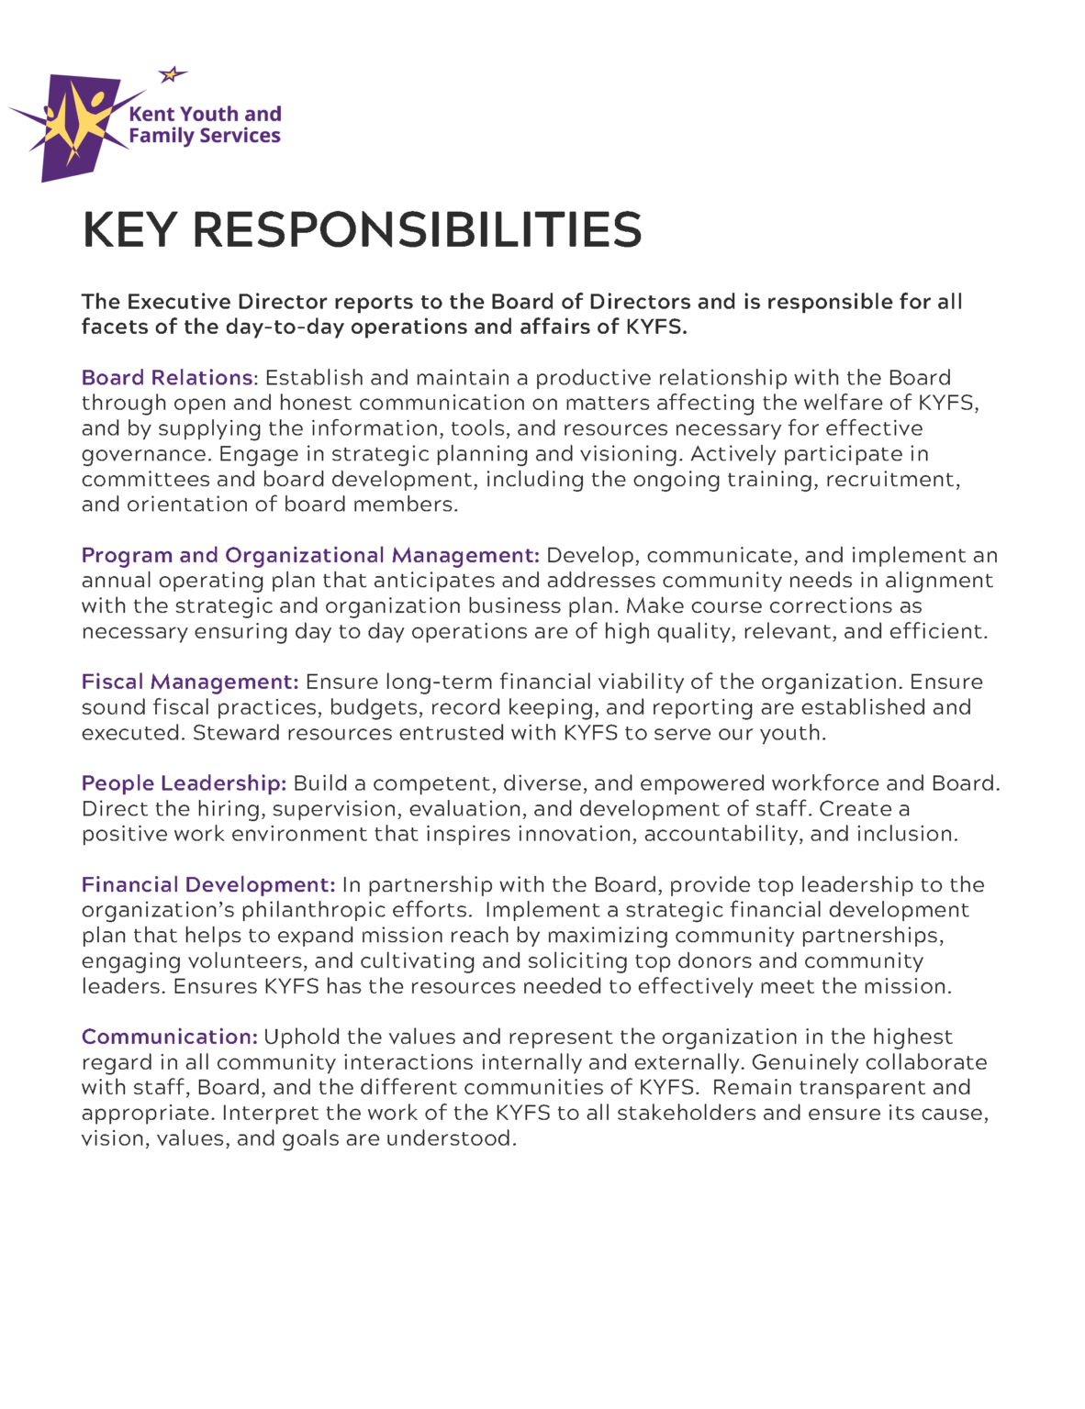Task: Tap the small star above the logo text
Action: pos(171,74)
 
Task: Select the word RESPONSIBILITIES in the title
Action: pos(417,229)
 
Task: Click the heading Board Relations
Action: pos(167,378)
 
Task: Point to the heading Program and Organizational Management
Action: pos(309,556)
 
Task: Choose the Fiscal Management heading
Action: pos(189,682)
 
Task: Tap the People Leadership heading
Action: pos(184,783)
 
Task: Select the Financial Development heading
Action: pos(207,885)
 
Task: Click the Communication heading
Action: pos(169,1037)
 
